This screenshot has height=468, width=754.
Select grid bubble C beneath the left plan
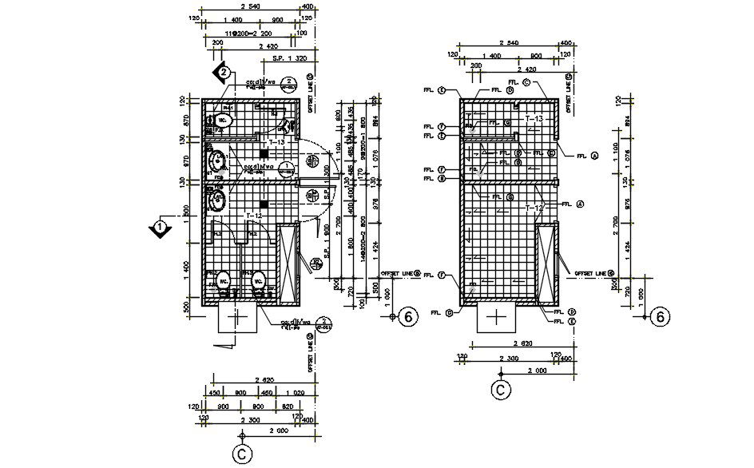pos(241,454)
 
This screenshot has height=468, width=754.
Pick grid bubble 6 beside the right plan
pos(660,317)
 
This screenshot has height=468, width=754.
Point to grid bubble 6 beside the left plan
pos(408,317)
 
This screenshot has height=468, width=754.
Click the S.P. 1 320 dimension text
pos(290,58)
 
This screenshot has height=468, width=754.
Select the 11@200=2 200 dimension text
pos(248,34)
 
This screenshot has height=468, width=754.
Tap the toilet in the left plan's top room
pos(224,121)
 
